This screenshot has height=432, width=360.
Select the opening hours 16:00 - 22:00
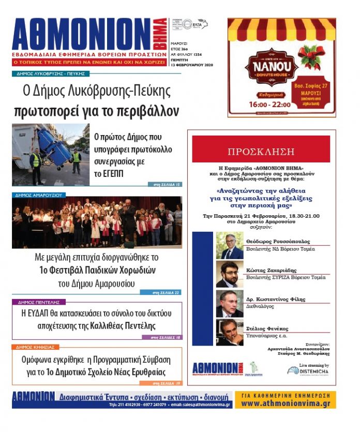[x=264, y=104]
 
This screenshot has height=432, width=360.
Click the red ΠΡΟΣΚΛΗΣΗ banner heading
[x=261, y=152]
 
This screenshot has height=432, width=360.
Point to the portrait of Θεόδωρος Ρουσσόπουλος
[x=229, y=245]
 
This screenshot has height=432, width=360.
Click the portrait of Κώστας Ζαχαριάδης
[x=229, y=274]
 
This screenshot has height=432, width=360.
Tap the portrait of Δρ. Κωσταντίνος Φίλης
[x=229, y=303]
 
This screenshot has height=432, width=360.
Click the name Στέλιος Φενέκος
[x=269, y=328]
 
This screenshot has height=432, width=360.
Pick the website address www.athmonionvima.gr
[x=286, y=403]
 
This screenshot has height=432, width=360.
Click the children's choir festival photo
[x=97, y=222]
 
